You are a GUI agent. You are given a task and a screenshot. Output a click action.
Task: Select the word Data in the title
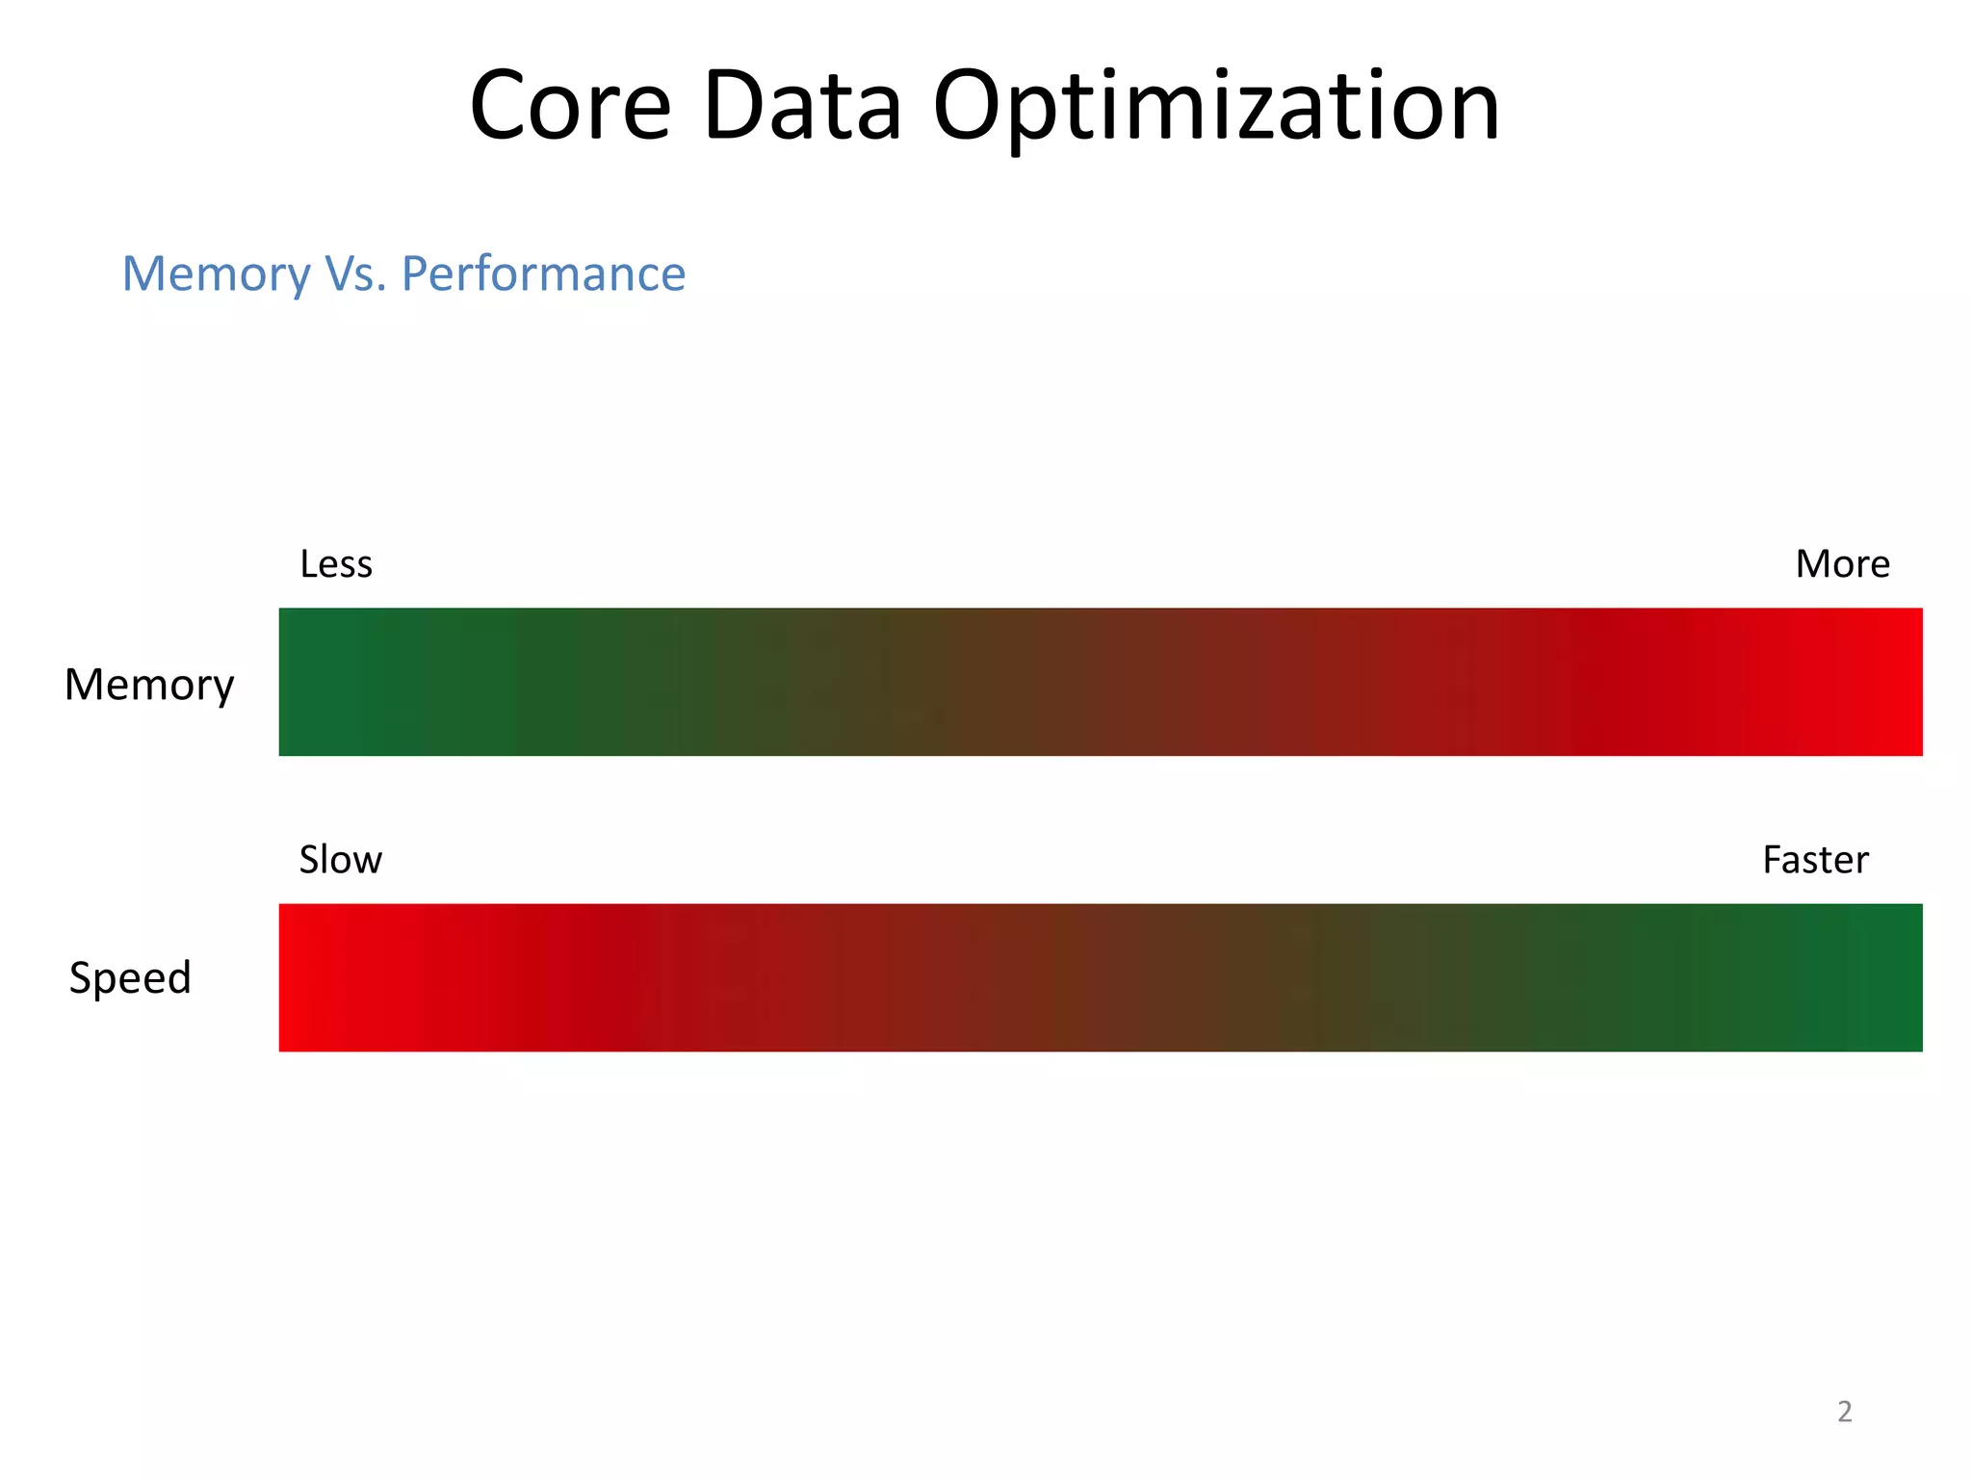(x=802, y=106)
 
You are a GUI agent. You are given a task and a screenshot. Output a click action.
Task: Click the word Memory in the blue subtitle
(x=216, y=274)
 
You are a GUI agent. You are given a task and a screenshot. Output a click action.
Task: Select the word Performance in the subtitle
(x=543, y=274)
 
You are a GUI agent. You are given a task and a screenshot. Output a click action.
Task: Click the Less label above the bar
(x=335, y=564)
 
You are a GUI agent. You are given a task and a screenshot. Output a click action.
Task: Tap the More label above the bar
(x=1842, y=564)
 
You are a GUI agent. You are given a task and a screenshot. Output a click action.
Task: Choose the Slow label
(x=340, y=860)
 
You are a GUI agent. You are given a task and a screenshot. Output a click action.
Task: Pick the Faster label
(x=1815, y=860)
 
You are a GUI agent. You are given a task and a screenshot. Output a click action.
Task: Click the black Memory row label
(x=149, y=686)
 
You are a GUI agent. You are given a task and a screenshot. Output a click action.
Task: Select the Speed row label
(x=130, y=978)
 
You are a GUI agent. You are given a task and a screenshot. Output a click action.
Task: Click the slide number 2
(x=1844, y=1412)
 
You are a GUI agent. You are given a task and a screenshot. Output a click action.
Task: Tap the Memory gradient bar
(x=1101, y=682)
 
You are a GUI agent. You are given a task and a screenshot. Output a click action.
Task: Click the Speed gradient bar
(x=1101, y=977)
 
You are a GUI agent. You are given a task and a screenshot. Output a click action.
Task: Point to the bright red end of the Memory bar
(x=1887, y=682)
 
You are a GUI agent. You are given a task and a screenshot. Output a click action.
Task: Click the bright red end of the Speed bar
(x=313, y=977)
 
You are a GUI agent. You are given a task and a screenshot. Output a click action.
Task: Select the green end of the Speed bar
(x=1887, y=977)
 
